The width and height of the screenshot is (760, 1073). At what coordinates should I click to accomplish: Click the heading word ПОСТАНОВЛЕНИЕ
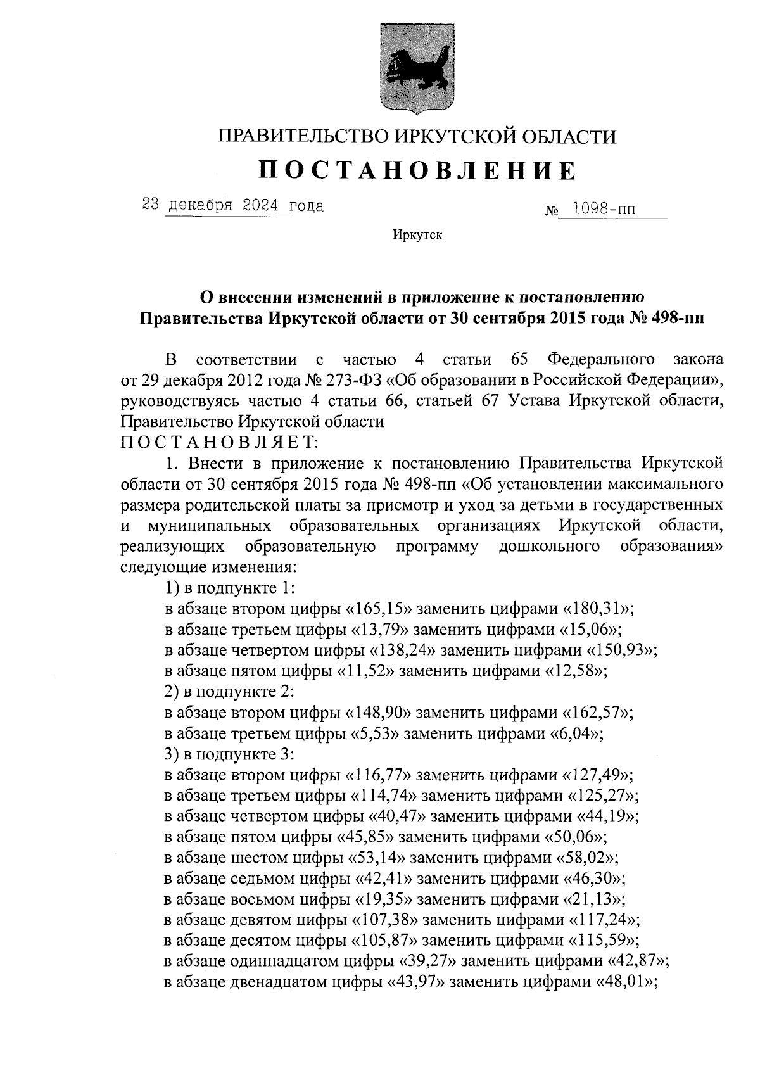[419, 170]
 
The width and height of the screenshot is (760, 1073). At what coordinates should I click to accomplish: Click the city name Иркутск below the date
[417, 236]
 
